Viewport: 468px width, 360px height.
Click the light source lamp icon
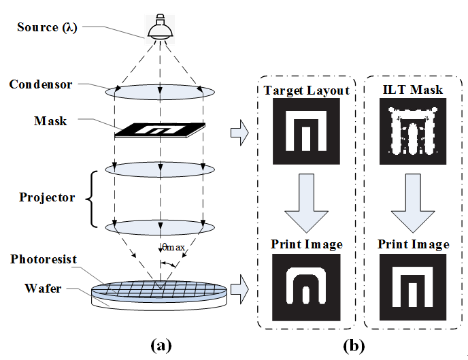161,27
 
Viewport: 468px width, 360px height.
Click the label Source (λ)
47,27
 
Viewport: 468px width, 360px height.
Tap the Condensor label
41,84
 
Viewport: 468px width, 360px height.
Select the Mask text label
50,121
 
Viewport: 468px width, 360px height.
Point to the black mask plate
160,130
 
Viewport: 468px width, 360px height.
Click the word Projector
47,197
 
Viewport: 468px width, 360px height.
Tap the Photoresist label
44,259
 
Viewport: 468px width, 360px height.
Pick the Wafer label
43,289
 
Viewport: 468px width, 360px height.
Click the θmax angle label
173,247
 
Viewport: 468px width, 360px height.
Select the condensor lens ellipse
160,92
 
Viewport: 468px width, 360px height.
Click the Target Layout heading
307,91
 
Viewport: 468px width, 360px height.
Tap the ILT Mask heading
413,90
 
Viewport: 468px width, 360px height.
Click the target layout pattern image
306,131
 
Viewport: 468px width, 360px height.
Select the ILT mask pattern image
413,131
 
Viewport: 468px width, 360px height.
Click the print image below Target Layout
306,287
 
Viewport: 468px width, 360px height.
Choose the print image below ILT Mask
413,287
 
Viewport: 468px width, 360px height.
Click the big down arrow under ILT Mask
413,203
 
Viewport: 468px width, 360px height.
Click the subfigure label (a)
161,346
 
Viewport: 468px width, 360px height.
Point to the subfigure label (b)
354,346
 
